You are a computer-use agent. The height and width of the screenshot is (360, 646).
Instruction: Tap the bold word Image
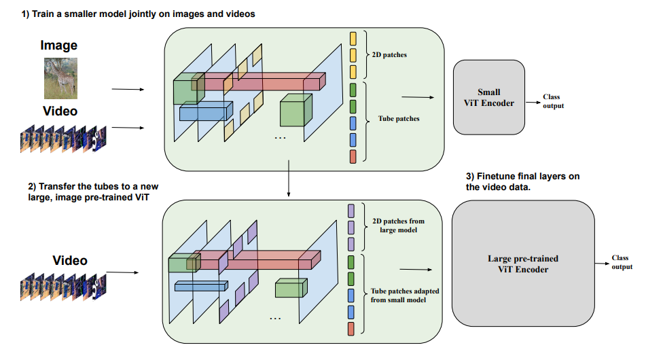[x=59, y=46]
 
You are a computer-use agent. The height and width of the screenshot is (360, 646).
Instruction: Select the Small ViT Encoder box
[x=489, y=97]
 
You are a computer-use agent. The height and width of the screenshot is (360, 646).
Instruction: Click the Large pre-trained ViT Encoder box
[x=523, y=264]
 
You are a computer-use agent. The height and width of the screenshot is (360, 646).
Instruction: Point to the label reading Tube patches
[x=398, y=119]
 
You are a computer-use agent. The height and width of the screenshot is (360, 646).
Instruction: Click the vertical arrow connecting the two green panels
[x=290, y=180]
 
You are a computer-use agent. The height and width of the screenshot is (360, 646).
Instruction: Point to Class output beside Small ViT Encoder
[x=553, y=102]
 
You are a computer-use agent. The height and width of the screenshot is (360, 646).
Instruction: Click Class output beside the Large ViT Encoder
[x=621, y=262]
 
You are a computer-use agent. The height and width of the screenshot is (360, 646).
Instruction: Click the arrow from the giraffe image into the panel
[x=127, y=89]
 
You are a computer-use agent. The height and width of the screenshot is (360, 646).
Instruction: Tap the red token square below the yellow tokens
[x=353, y=157]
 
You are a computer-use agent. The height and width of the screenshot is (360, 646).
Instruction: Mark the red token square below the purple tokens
[x=351, y=329]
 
